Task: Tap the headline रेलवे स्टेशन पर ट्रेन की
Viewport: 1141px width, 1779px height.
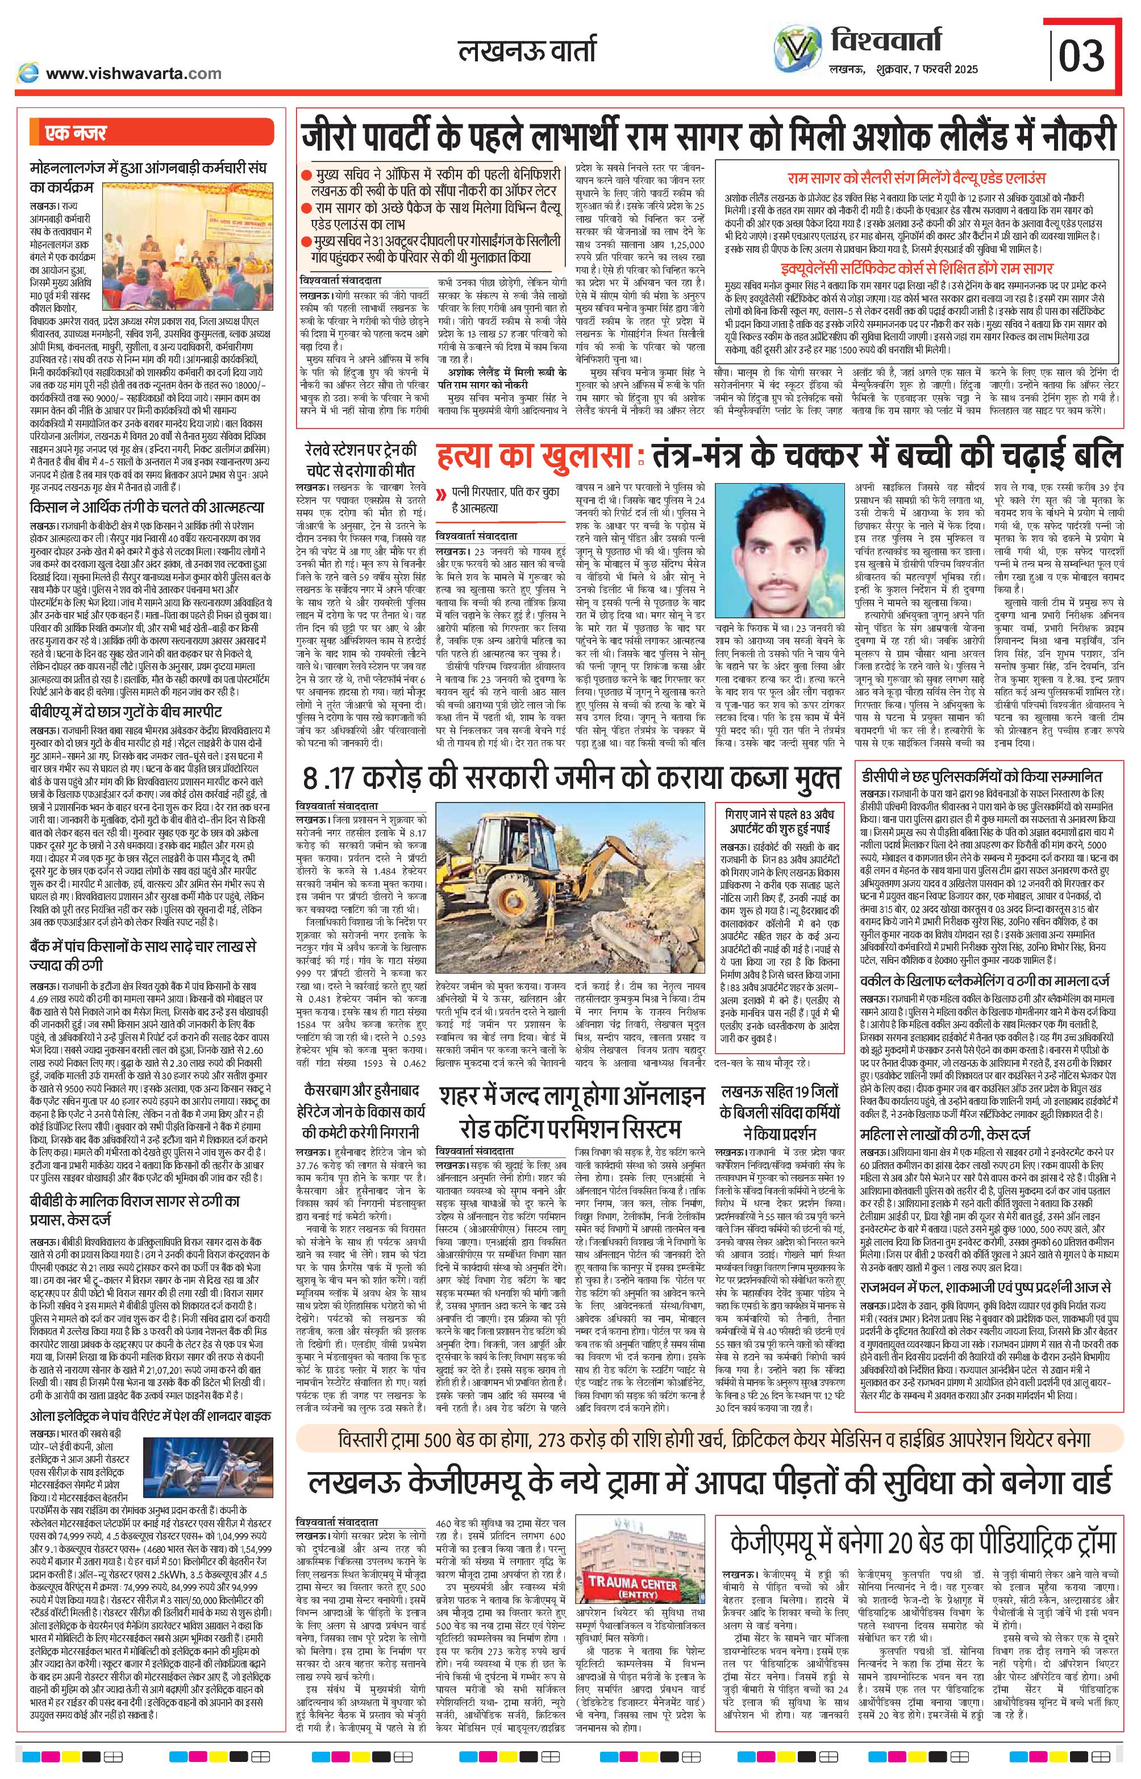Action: click(360, 450)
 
